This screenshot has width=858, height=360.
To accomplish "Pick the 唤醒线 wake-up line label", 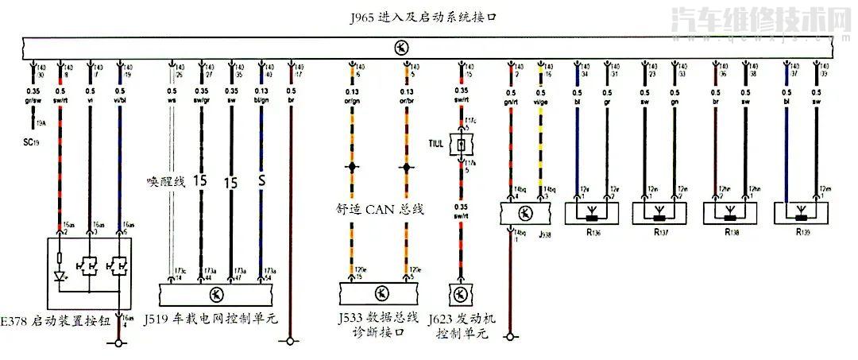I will (x=164, y=182).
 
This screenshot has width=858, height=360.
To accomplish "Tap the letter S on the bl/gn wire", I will (x=261, y=181).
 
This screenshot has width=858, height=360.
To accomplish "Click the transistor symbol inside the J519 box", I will (x=217, y=294).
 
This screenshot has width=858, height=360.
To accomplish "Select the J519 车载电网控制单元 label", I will (x=211, y=320).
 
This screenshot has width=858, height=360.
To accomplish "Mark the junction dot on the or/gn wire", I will (x=350, y=168).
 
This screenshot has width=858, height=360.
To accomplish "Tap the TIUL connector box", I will (x=458, y=145).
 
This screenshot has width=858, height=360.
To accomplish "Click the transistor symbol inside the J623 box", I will (x=460, y=294).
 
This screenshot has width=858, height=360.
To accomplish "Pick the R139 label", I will (x=803, y=234).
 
